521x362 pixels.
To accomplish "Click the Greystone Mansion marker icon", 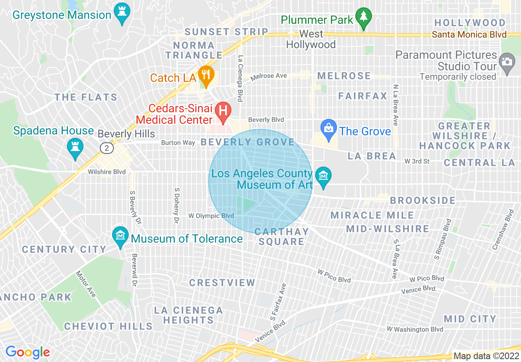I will (x=122, y=14).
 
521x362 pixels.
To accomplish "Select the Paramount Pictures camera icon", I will (x=507, y=63).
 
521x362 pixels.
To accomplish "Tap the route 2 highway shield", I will (x=107, y=148).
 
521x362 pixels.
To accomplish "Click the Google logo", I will (x=28, y=352).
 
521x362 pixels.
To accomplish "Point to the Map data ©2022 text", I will (x=486, y=356).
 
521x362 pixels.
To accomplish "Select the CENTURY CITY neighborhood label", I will (x=64, y=249).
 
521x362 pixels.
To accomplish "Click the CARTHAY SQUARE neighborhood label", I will (x=281, y=237).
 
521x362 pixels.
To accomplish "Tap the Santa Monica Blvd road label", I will (x=469, y=35).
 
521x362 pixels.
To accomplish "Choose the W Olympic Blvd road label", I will (x=211, y=216).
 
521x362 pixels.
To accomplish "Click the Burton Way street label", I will (x=178, y=143).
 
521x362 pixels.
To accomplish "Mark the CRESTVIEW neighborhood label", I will (x=222, y=283).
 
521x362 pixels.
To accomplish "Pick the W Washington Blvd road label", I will (x=415, y=329).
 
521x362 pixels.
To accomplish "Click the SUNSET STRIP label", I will (x=226, y=32).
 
